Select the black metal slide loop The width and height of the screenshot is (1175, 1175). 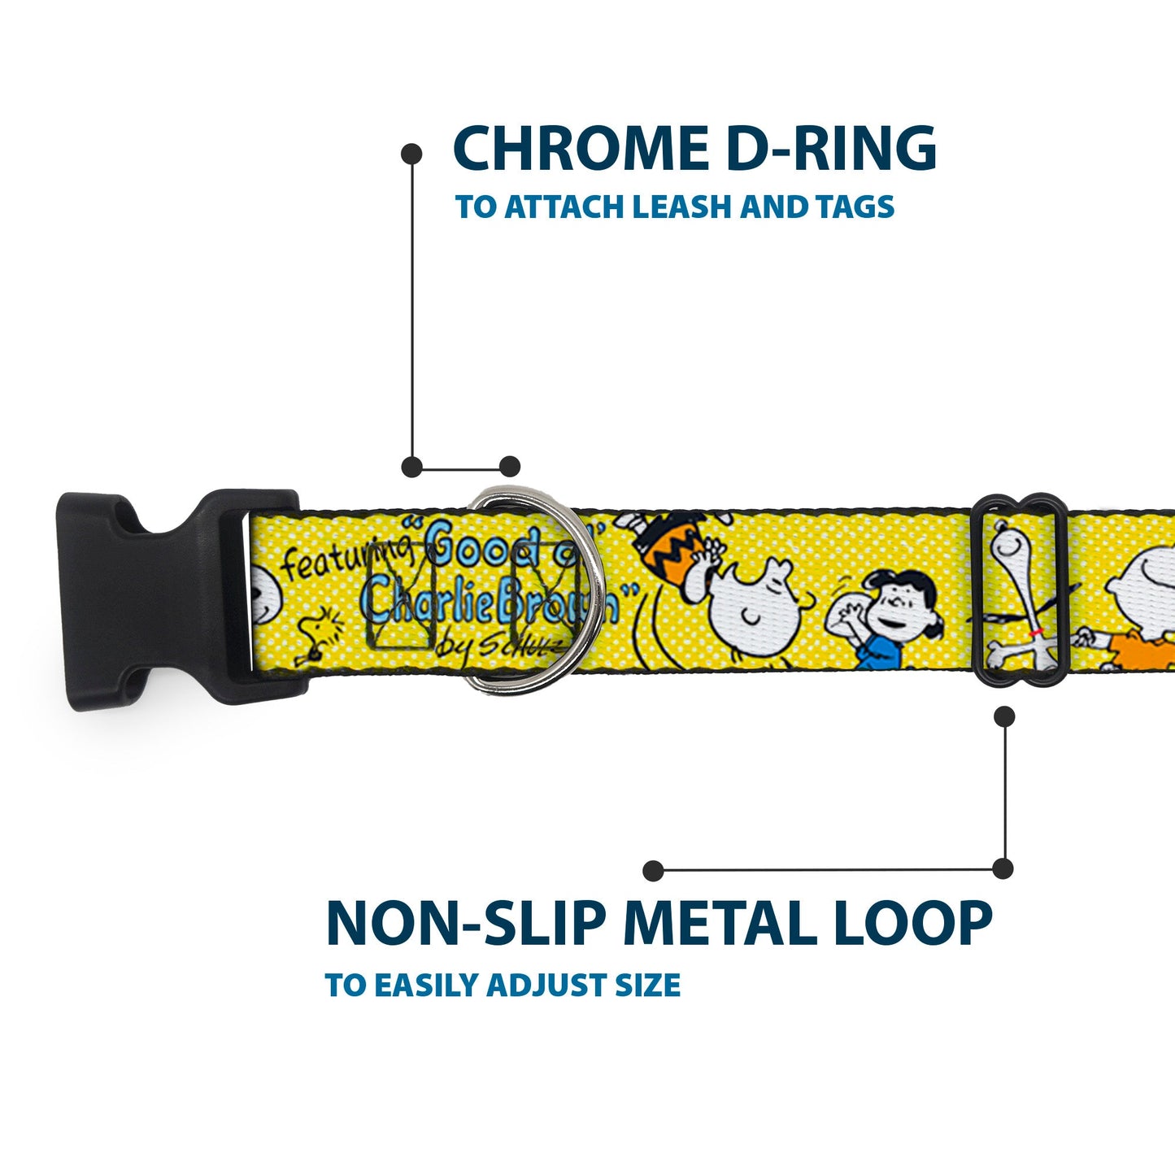click(x=1021, y=590)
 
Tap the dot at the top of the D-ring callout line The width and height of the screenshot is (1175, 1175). click(x=412, y=153)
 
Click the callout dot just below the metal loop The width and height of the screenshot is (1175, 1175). click(x=1005, y=716)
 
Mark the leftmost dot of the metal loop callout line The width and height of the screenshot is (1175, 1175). click(x=652, y=871)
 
